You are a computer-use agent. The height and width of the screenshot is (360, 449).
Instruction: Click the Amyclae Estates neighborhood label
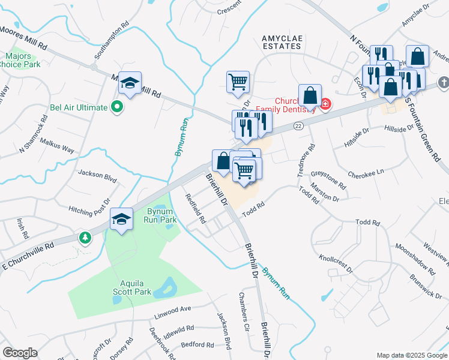(x=281, y=41)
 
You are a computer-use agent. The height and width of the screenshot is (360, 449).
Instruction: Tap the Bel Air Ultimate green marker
(x=118, y=107)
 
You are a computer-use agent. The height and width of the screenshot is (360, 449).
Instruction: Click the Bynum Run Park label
(x=160, y=215)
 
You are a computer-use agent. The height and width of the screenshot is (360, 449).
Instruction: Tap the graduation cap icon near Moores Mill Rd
(x=129, y=83)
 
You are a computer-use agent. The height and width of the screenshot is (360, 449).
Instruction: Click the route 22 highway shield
(x=298, y=126)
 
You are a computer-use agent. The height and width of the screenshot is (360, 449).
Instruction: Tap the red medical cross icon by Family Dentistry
(x=325, y=104)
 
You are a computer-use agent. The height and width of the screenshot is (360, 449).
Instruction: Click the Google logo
(x=20, y=353)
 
